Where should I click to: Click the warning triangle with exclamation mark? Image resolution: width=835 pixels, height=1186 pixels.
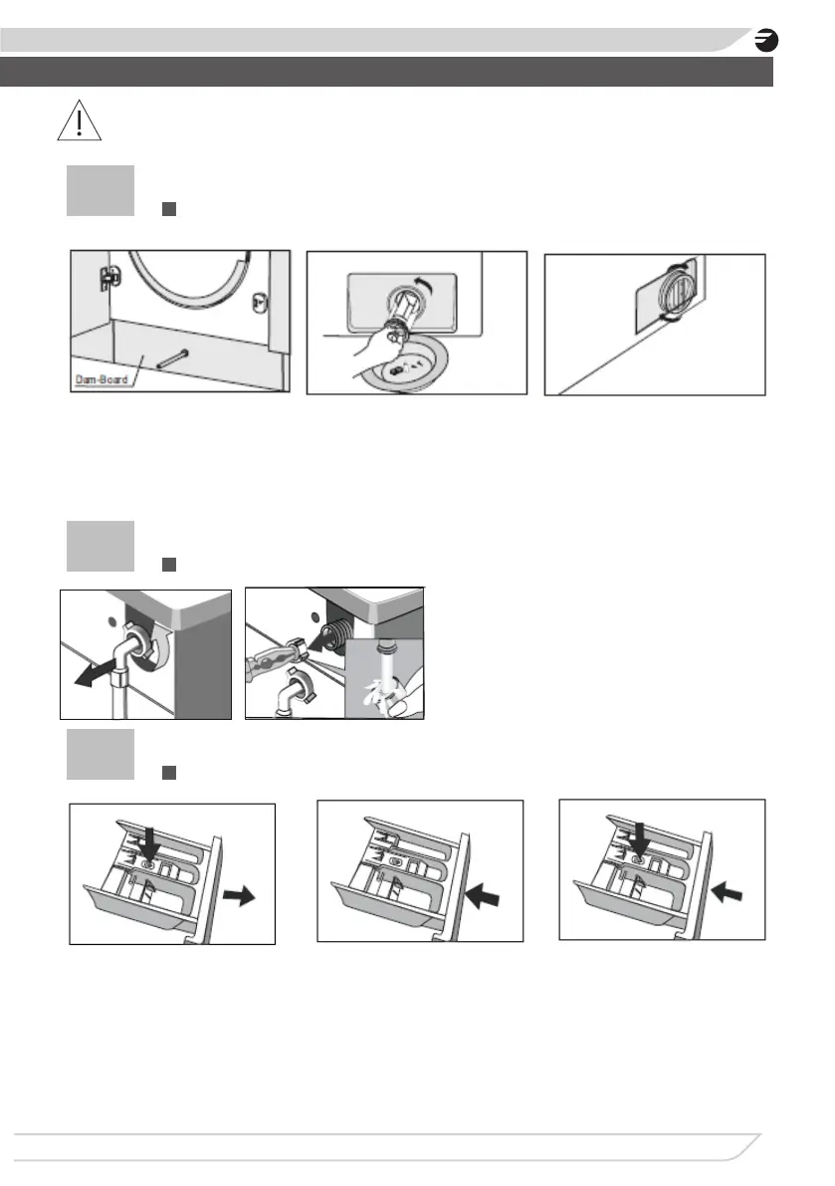[x=80, y=121]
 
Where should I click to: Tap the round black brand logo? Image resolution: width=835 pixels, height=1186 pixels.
[x=766, y=40]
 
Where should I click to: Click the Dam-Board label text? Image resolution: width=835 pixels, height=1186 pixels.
[x=102, y=379]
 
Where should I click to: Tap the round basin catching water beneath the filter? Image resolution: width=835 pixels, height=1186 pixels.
[x=406, y=366]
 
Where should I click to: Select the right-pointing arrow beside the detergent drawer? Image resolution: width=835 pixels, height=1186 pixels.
[x=240, y=896]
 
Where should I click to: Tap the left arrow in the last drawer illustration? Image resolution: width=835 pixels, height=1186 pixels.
[x=727, y=892]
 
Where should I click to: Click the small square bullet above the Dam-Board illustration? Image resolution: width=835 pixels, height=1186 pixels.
[x=169, y=209]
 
